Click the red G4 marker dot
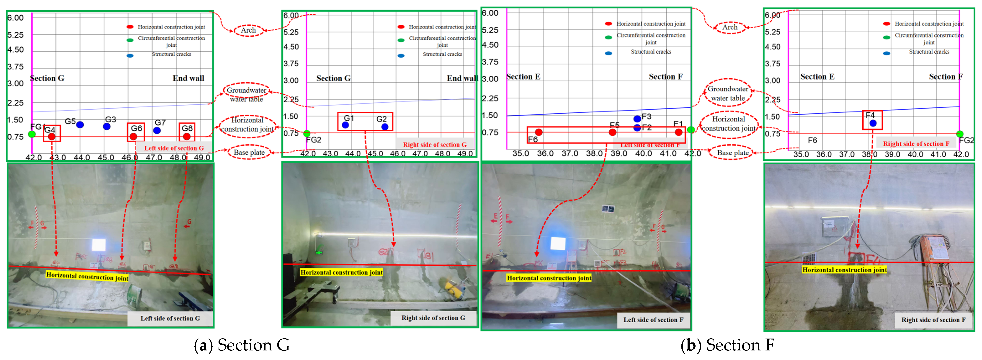(x=52, y=137)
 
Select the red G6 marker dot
(x=133, y=137)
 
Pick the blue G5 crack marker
(x=80, y=125)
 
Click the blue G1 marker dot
(x=345, y=125)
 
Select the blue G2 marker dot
(x=385, y=127)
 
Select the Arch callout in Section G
(x=249, y=30)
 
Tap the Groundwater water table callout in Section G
(x=247, y=94)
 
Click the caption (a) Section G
(x=242, y=345)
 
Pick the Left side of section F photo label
(x=653, y=320)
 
